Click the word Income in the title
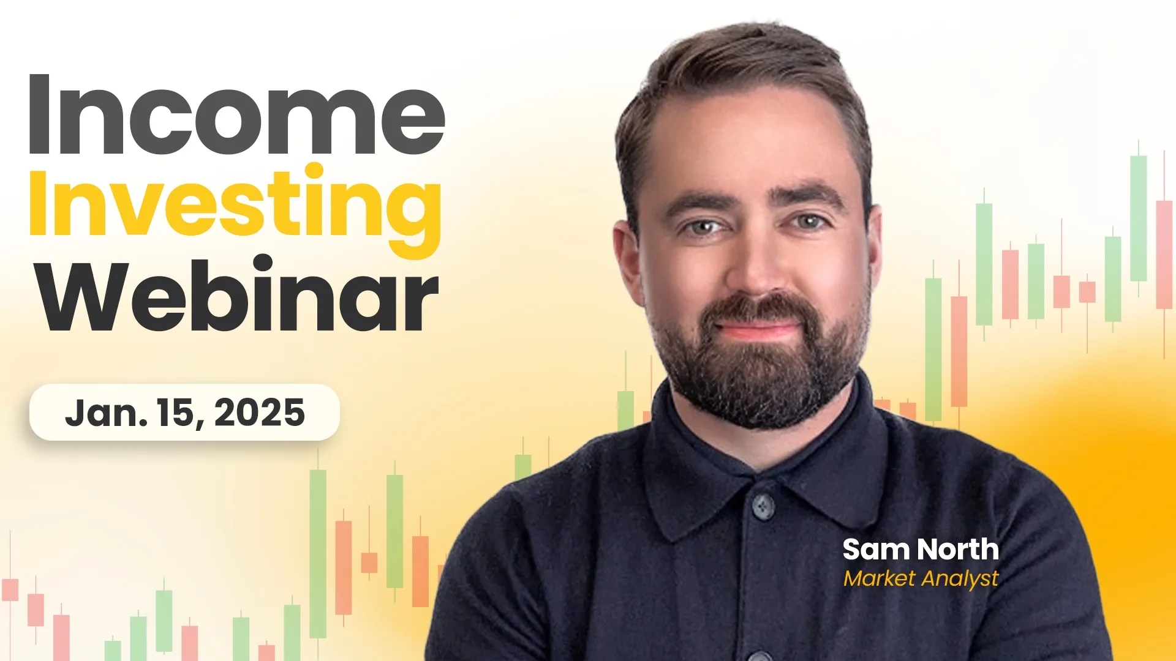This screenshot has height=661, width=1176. click(x=236, y=116)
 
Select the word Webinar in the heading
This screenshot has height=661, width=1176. click(x=239, y=297)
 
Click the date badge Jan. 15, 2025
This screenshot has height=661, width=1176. click(x=184, y=413)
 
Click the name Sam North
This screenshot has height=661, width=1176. click(x=921, y=550)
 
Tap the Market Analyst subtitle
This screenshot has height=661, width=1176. click(x=921, y=578)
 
